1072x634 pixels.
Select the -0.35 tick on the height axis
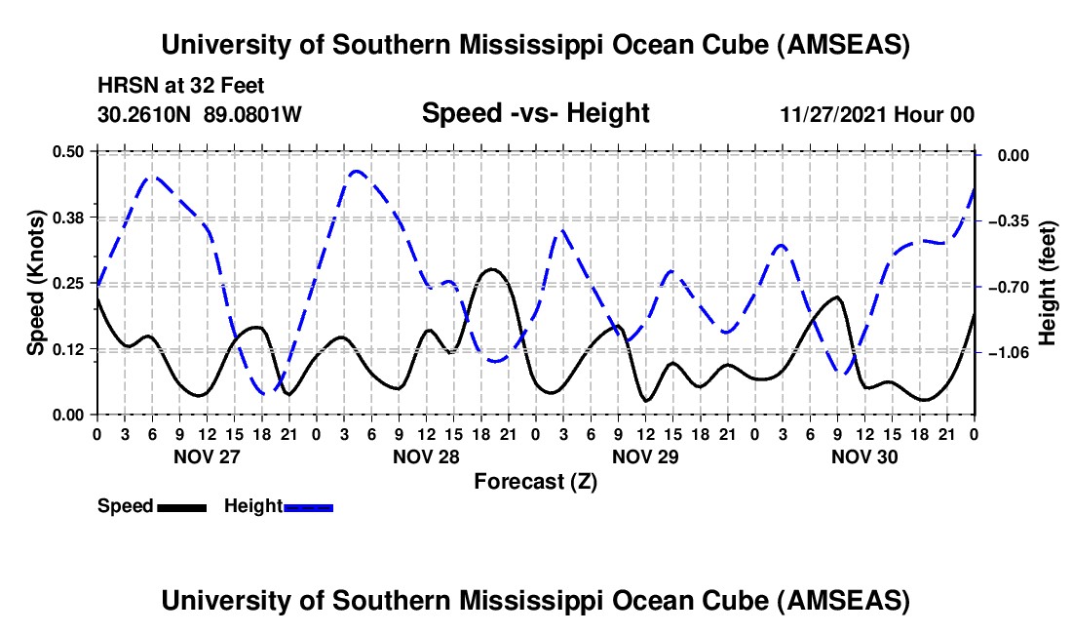[x=1008, y=221]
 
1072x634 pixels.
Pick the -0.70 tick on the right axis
[x=1008, y=287]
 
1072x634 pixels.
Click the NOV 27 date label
[x=206, y=456]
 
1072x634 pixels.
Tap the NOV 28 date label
[x=426, y=456]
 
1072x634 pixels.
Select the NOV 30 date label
[x=864, y=456]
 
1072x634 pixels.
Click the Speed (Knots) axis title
[x=35, y=283]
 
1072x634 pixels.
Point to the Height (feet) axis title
[x=1049, y=283]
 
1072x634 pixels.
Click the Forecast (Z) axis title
[x=535, y=481]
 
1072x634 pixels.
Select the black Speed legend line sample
[x=181, y=506]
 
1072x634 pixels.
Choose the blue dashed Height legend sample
[x=309, y=506]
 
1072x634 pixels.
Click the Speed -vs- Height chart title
[x=535, y=113]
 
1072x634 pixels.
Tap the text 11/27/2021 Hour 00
[x=877, y=115]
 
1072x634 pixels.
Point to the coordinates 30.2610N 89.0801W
[x=200, y=115]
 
